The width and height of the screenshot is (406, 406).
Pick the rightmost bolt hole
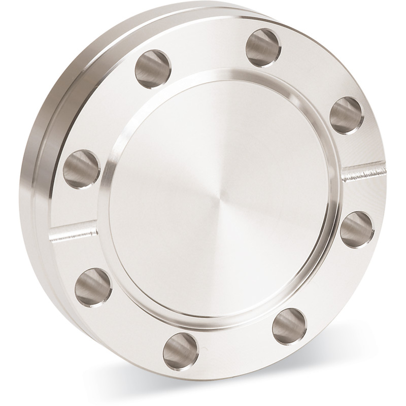(357, 228)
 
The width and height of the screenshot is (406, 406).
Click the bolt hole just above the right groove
(347, 116)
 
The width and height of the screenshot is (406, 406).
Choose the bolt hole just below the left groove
(93, 285)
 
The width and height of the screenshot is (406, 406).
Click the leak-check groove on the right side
(363, 172)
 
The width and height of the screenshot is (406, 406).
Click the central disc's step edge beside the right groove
(339, 178)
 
